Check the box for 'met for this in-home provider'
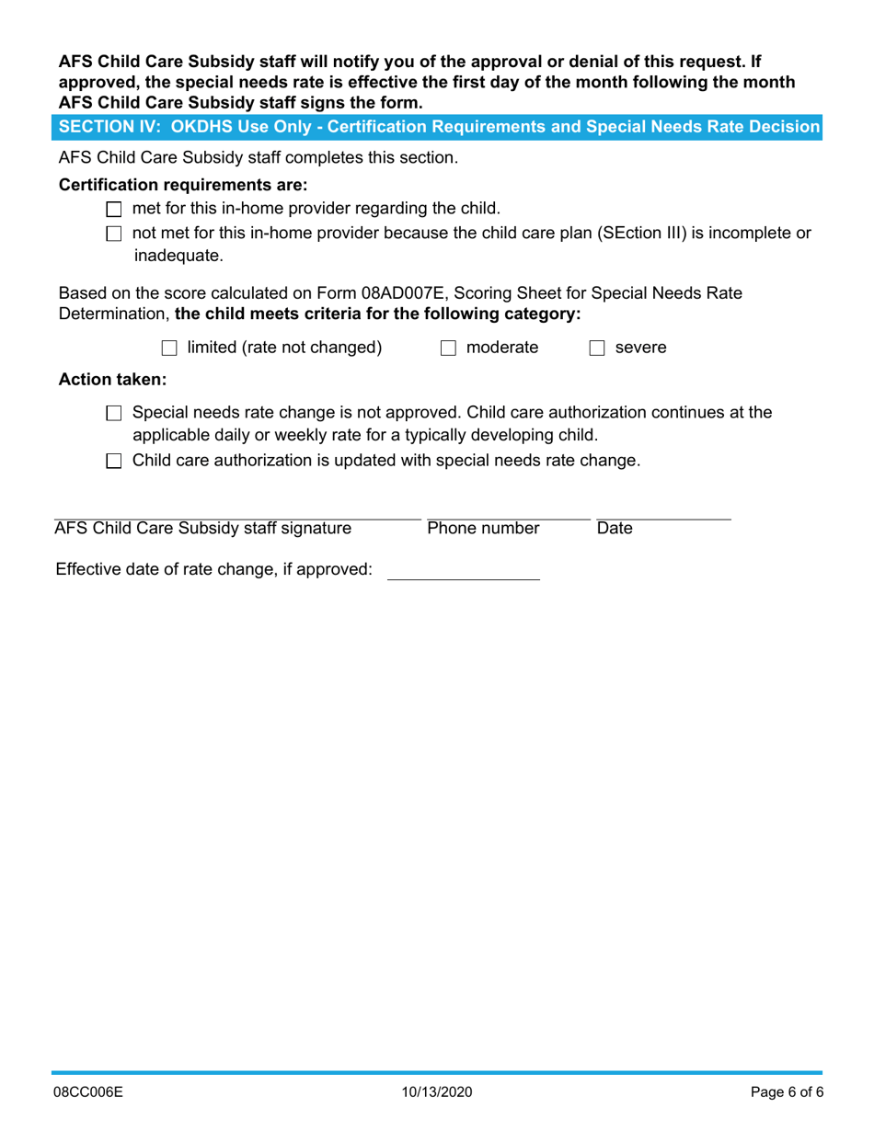[114, 210]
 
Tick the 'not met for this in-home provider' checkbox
[114, 234]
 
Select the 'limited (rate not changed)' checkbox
[168, 348]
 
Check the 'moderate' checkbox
[448, 348]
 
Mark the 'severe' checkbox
[596, 348]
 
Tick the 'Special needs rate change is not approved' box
[114, 414]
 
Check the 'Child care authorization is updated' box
[114, 462]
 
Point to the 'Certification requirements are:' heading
[183, 185]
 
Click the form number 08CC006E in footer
[87, 1093]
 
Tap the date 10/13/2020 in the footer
[436, 1093]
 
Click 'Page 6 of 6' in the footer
[786, 1093]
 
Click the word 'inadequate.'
[178, 257]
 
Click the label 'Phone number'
[483, 529]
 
